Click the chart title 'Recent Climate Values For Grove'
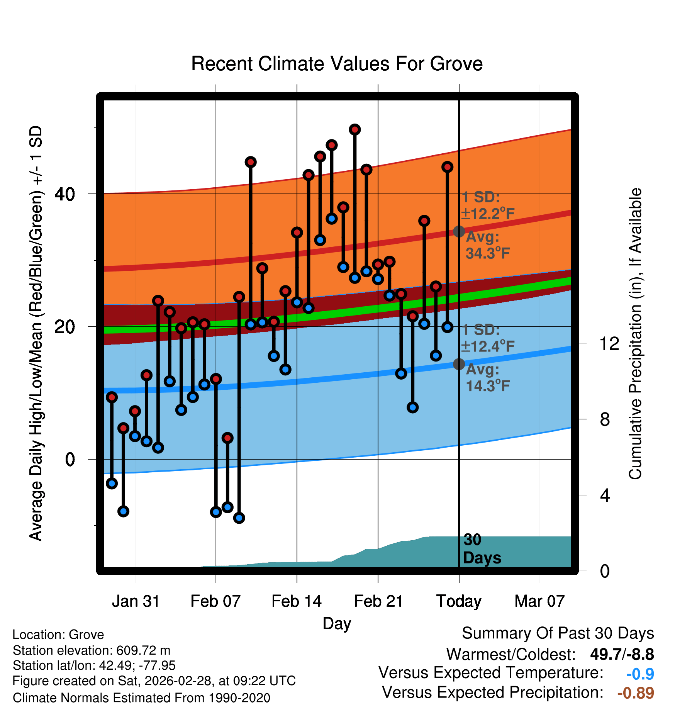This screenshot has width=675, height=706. [337, 64]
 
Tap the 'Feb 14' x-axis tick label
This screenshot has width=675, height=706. [297, 601]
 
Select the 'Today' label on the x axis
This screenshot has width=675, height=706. [459, 601]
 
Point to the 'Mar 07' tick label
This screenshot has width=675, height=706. [539, 601]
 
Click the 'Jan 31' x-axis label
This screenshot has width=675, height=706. [136, 601]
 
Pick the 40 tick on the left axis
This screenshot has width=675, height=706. [64, 194]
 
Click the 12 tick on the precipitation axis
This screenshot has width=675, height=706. [609, 343]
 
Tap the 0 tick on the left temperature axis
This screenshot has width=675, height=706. [70, 460]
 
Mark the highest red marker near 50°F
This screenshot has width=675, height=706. [355, 130]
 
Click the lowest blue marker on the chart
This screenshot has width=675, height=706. [239, 518]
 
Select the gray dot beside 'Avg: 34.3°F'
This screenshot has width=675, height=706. [459, 231]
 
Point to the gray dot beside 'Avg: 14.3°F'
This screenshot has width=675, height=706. [459, 364]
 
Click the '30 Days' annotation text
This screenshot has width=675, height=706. [482, 549]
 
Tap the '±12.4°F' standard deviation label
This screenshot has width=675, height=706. [488, 346]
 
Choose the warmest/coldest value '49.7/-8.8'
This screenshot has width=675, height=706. [622, 654]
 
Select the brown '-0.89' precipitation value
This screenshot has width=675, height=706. [635, 693]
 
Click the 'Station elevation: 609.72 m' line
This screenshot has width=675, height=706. [92, 650]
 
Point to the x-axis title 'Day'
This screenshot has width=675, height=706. [337, 623]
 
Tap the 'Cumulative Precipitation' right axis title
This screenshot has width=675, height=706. [635, 334]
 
